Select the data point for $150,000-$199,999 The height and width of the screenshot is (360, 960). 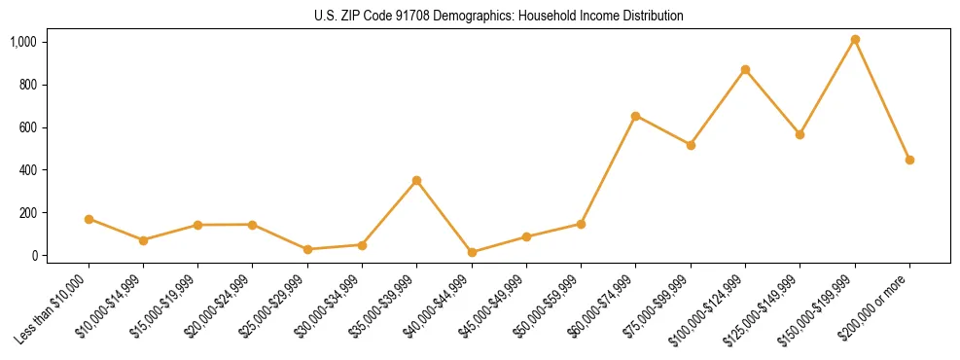(855, 40)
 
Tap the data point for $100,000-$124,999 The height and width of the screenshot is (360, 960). (745, 70)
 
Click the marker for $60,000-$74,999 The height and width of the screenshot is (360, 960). (635, 116)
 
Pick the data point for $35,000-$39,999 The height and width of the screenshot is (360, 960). (416, 181)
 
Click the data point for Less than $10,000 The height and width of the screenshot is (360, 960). (89, 219)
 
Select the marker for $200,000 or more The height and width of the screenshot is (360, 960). (909, 160)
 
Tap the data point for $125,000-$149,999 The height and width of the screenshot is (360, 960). (800, 134)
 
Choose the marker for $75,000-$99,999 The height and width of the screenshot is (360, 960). (691, 145)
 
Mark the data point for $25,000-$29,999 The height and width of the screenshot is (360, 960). (307, 249)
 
